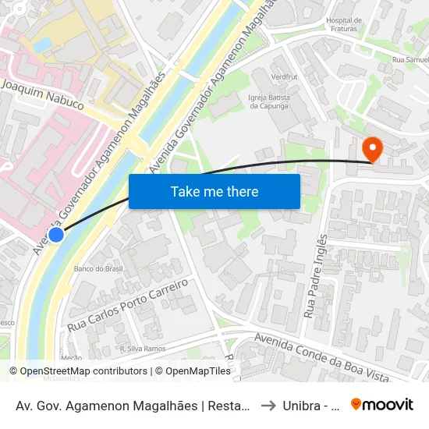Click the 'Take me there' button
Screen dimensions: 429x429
coord(214,191)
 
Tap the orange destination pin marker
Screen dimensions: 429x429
coord(372,148)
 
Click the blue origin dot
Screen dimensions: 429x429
coord(56,234)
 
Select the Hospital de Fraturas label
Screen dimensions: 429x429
coord(343,25)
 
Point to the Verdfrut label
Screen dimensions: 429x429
coord(285,77)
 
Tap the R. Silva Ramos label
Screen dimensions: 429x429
coord(142,349)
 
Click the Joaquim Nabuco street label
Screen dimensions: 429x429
coord(42,94)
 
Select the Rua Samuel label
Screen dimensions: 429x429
coord(409,59)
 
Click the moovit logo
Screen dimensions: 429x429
coord(382,404)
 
